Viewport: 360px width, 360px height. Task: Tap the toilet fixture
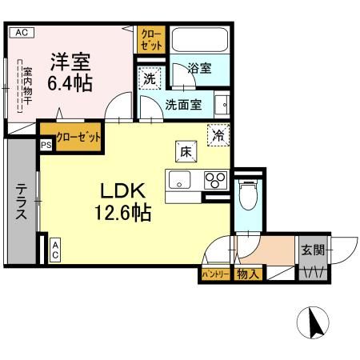pos(248,193)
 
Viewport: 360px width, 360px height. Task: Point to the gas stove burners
pos(214,178)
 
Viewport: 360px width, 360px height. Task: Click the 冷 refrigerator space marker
pos(218,135)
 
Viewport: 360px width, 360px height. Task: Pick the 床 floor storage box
pos(183,150)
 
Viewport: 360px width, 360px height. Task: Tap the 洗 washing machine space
pos(149,79)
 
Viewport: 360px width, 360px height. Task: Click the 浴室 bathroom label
pos(200,69)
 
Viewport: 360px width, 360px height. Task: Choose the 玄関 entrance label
pos(313,250)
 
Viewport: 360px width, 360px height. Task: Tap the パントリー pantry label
pos(214,275)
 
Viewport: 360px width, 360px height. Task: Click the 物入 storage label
pos(248,275)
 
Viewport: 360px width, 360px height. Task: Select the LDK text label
pos(121,191)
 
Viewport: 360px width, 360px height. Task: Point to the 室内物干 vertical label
pos(26,87)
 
